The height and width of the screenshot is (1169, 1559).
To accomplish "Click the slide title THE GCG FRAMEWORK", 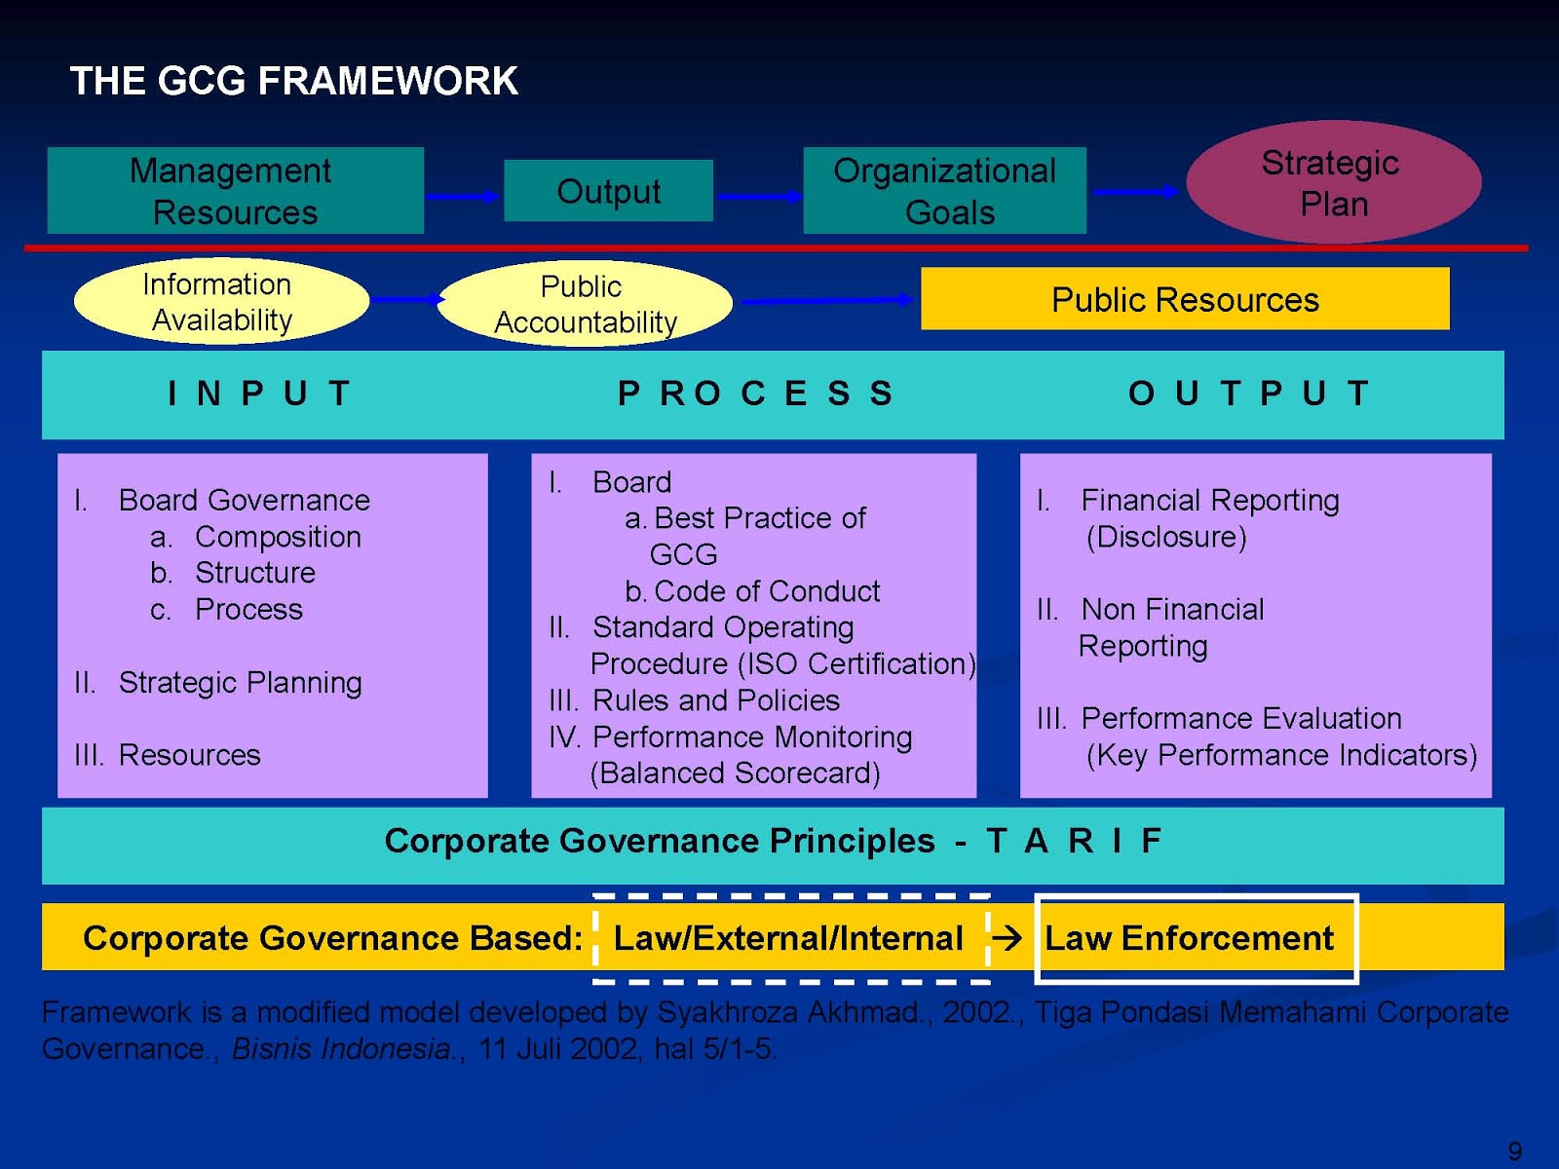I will coord(293,81).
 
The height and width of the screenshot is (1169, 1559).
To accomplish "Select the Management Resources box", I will coord(235,191).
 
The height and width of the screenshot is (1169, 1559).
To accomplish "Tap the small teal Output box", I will coord(608,191).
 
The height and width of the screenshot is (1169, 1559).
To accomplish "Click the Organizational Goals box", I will coord(944,191).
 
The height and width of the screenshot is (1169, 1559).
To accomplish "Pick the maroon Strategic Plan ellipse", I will coord(1333,182).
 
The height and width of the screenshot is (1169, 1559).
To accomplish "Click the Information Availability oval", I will coord(220,302).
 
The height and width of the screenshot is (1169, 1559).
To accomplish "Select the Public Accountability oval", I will coord(585,304).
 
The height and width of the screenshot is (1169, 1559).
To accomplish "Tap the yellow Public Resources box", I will coord(1185,299).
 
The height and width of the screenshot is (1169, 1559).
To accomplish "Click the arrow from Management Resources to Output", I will coord(463,197).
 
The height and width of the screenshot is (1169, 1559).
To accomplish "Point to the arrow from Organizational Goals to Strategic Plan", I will coord(1135,192).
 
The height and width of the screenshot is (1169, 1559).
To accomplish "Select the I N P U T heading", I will coord(259,394).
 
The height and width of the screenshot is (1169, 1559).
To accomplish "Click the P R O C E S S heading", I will coord(756,394).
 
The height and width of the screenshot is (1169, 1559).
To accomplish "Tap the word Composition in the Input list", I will coord(278,537).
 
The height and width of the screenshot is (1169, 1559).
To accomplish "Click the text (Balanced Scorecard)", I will coord(735,773).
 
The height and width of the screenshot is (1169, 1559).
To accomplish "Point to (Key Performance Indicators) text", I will coord(1280,755).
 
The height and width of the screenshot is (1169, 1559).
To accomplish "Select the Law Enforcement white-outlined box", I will coord(1196,938).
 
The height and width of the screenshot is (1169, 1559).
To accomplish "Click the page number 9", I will coord(1514,1150).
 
